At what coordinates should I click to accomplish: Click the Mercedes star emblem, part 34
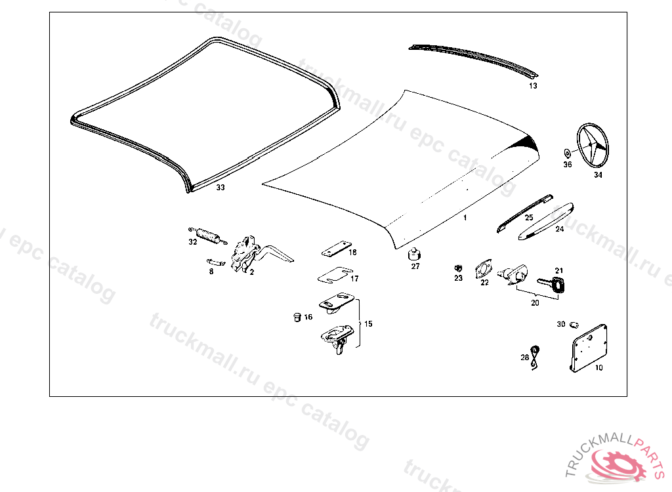pos(593,145)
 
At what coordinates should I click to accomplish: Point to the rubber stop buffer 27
pos(415,253)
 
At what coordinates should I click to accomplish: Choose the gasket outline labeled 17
pos(333,276)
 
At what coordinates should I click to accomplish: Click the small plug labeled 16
pos(296,318)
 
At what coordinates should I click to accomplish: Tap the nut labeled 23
pos(457,268)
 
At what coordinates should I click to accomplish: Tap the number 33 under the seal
pos(220,188)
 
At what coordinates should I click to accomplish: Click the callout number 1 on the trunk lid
pos(465,216)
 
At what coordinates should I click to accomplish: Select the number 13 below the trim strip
pos(533,86)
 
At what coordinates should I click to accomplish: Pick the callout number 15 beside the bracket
pos(368,324)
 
